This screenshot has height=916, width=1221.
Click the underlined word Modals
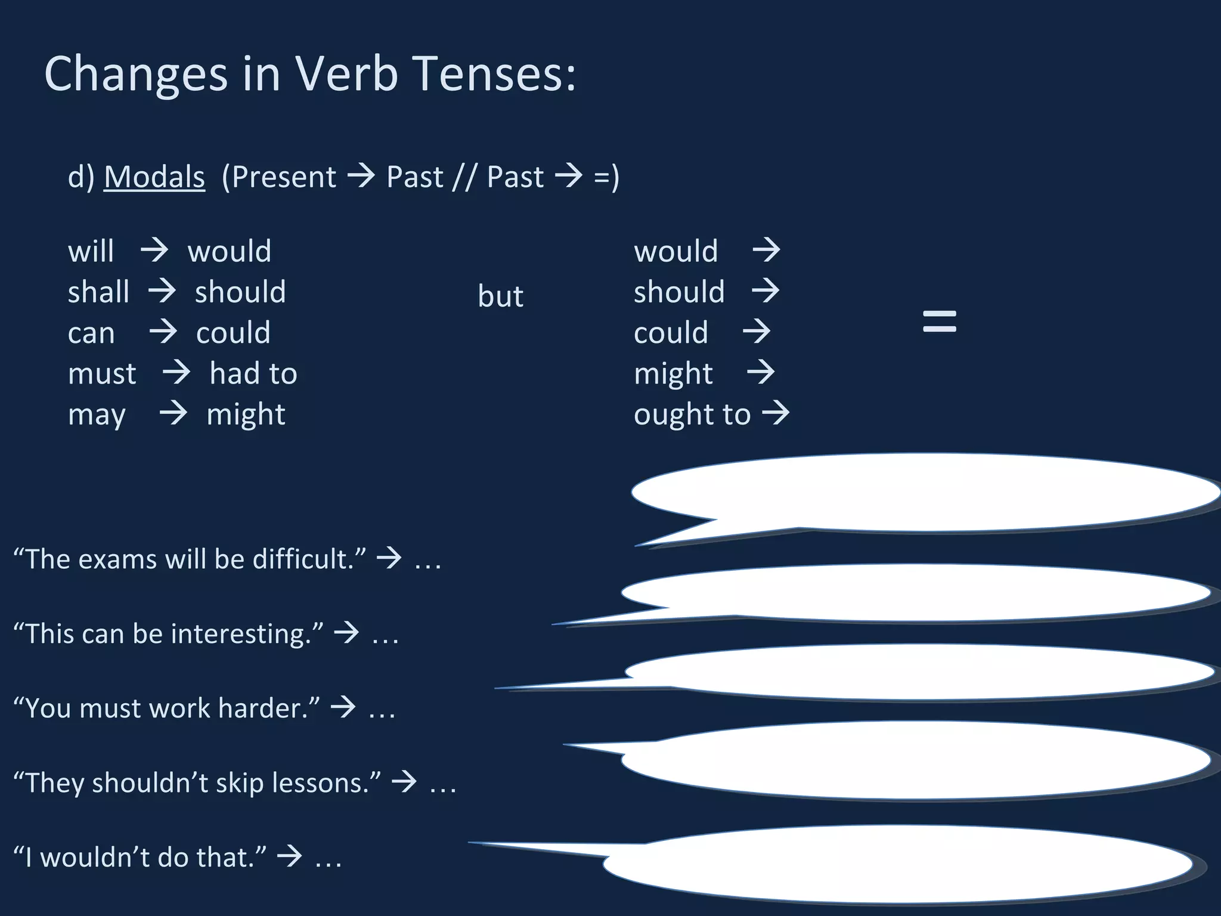154,177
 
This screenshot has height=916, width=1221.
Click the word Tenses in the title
494,74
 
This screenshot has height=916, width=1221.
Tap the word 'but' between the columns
500,296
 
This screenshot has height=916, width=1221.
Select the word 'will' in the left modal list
91,251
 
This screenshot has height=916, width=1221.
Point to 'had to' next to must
253,374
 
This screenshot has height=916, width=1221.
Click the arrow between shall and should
162,292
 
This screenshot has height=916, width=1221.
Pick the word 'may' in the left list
97,415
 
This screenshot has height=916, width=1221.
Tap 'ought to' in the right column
692,414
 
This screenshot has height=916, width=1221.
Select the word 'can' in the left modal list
91,333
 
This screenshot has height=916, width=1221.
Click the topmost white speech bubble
924,492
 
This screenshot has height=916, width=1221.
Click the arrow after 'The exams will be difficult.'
389,558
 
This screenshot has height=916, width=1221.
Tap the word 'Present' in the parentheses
284,177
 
